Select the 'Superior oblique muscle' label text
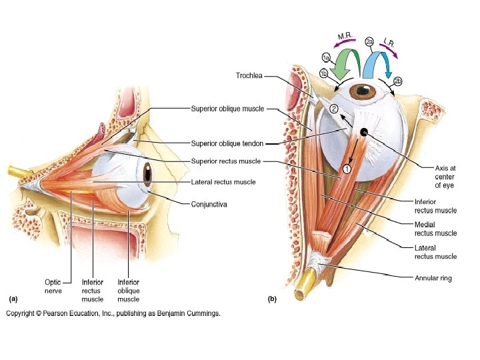click(227, 108)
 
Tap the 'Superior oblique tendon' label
click(227, 143)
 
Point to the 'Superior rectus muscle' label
click(225, 161)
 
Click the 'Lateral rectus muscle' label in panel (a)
click(223, 181)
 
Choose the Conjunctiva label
click(209, 204)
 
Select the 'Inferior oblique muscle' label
click(128, 291)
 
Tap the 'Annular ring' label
click(433, 278)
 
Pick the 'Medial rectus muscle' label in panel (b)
click(435, 229)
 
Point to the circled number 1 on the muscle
click(347, 169)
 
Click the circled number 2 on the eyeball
click(333, 109)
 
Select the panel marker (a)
click(12, 299)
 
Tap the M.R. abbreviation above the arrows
click(345, 36)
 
